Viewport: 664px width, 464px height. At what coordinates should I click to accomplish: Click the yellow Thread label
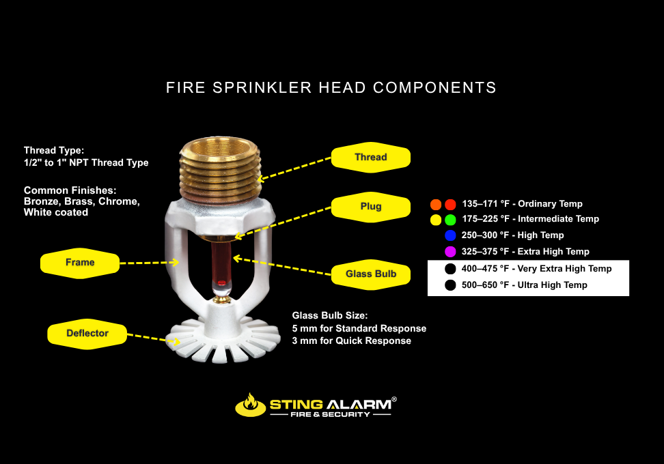pos(370,158)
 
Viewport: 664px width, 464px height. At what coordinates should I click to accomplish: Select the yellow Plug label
pos(370,206)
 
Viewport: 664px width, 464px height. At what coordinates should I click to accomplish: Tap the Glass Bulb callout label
pos(370,274)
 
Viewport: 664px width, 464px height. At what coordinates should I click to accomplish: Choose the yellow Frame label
pos(80,263)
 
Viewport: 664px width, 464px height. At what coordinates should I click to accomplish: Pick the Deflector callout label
pos(87,334)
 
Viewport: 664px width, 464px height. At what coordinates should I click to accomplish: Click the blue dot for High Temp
pos(450,235)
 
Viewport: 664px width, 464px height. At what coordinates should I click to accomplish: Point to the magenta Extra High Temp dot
pos(450,252)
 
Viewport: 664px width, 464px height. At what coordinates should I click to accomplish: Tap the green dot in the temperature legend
pos(450,220)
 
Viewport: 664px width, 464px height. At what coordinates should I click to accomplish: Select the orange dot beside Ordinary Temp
pos(436,204)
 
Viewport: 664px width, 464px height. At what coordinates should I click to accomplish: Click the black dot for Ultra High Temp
pos(450,285)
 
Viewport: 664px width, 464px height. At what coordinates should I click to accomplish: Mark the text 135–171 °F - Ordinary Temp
pos(522,204)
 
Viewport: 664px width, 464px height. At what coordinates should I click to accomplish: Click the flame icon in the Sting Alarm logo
pos(250,405)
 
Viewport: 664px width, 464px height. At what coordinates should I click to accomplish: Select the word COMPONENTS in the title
pos(434,87)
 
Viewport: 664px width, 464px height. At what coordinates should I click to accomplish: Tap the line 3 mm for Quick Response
pos(352,341)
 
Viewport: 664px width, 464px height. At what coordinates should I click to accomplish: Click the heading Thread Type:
pos(54,150)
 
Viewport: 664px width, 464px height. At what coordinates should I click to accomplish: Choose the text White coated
pos(56,212)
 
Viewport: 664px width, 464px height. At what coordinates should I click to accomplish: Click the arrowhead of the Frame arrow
pos(174,262)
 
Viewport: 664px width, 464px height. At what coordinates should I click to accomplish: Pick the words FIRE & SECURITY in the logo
pos(331,414)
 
